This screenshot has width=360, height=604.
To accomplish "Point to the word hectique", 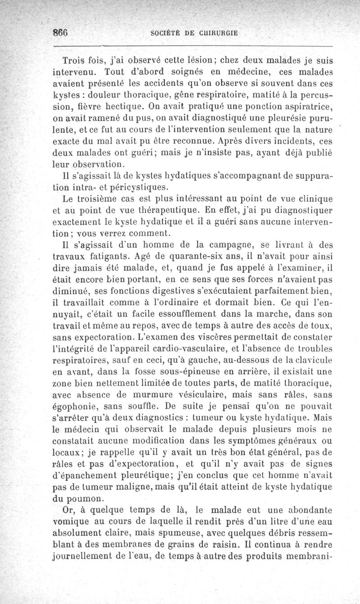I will point(126,107).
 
